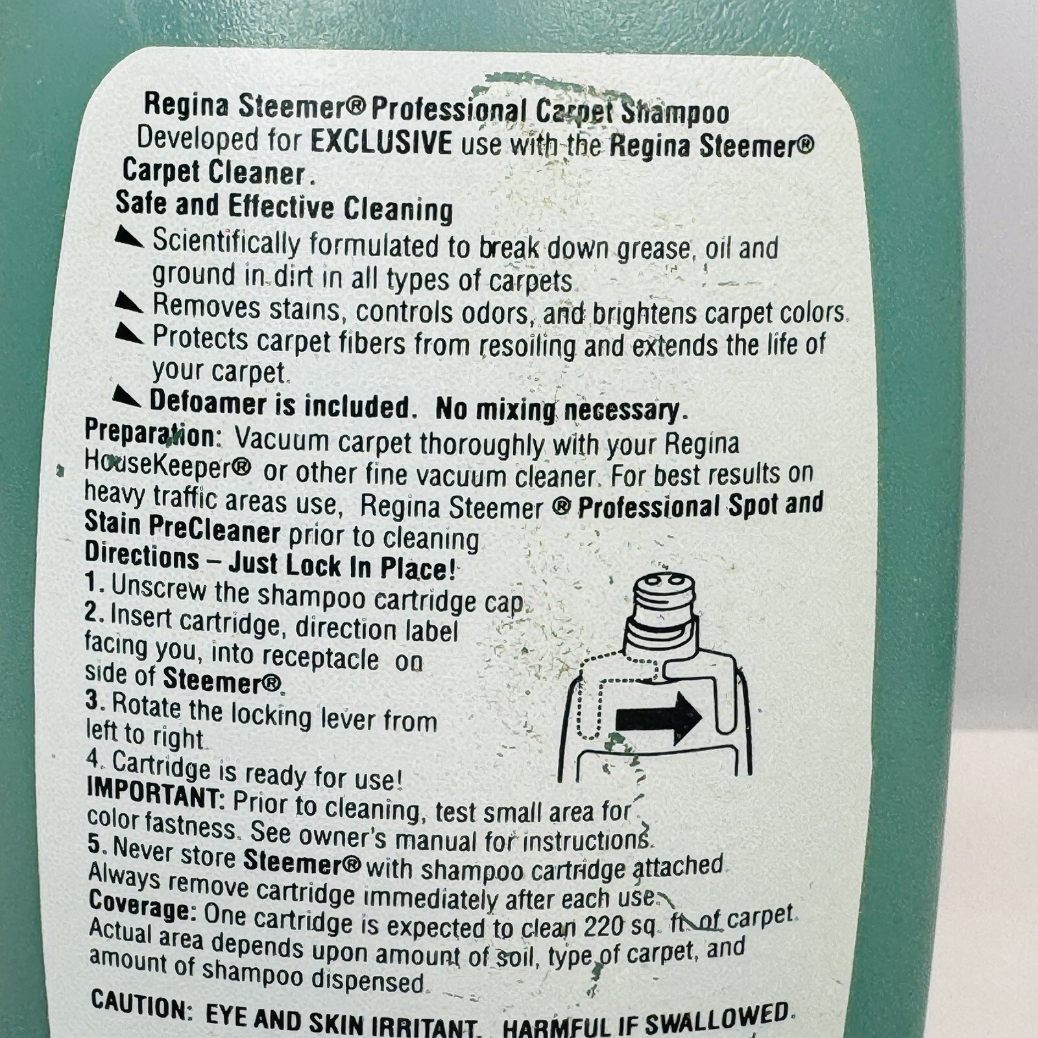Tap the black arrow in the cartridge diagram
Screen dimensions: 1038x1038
pyautogui.click(x=658, y=717)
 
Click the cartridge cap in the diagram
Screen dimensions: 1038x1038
pyautogui.click(x=662, y=603)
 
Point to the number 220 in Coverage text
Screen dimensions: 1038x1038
pyautogui.click(x=604, y=926)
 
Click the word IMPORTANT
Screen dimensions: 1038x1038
pyautogui.click(x=155, y=793)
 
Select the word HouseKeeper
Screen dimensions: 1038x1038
pyautogui.click(x=167, y=465)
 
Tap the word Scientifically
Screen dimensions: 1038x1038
pyautogui.click(x=226, y=242)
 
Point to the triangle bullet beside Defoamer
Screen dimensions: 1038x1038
pyautogui.click(x=127, y=396)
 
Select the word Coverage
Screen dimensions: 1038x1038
pyautogui.click(x=143, y=906)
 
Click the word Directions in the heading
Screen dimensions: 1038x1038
pyautogui.click(x=142, y=556)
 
